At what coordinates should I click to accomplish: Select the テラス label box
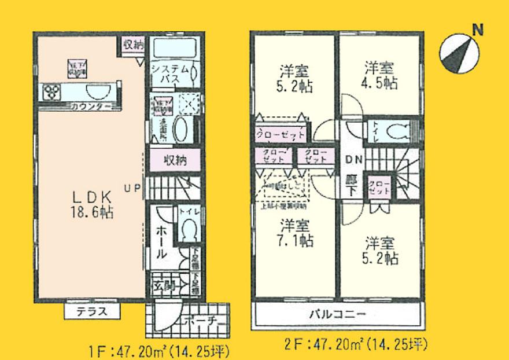click(x=93, y=311)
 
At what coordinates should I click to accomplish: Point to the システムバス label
click(x=168, y=74)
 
